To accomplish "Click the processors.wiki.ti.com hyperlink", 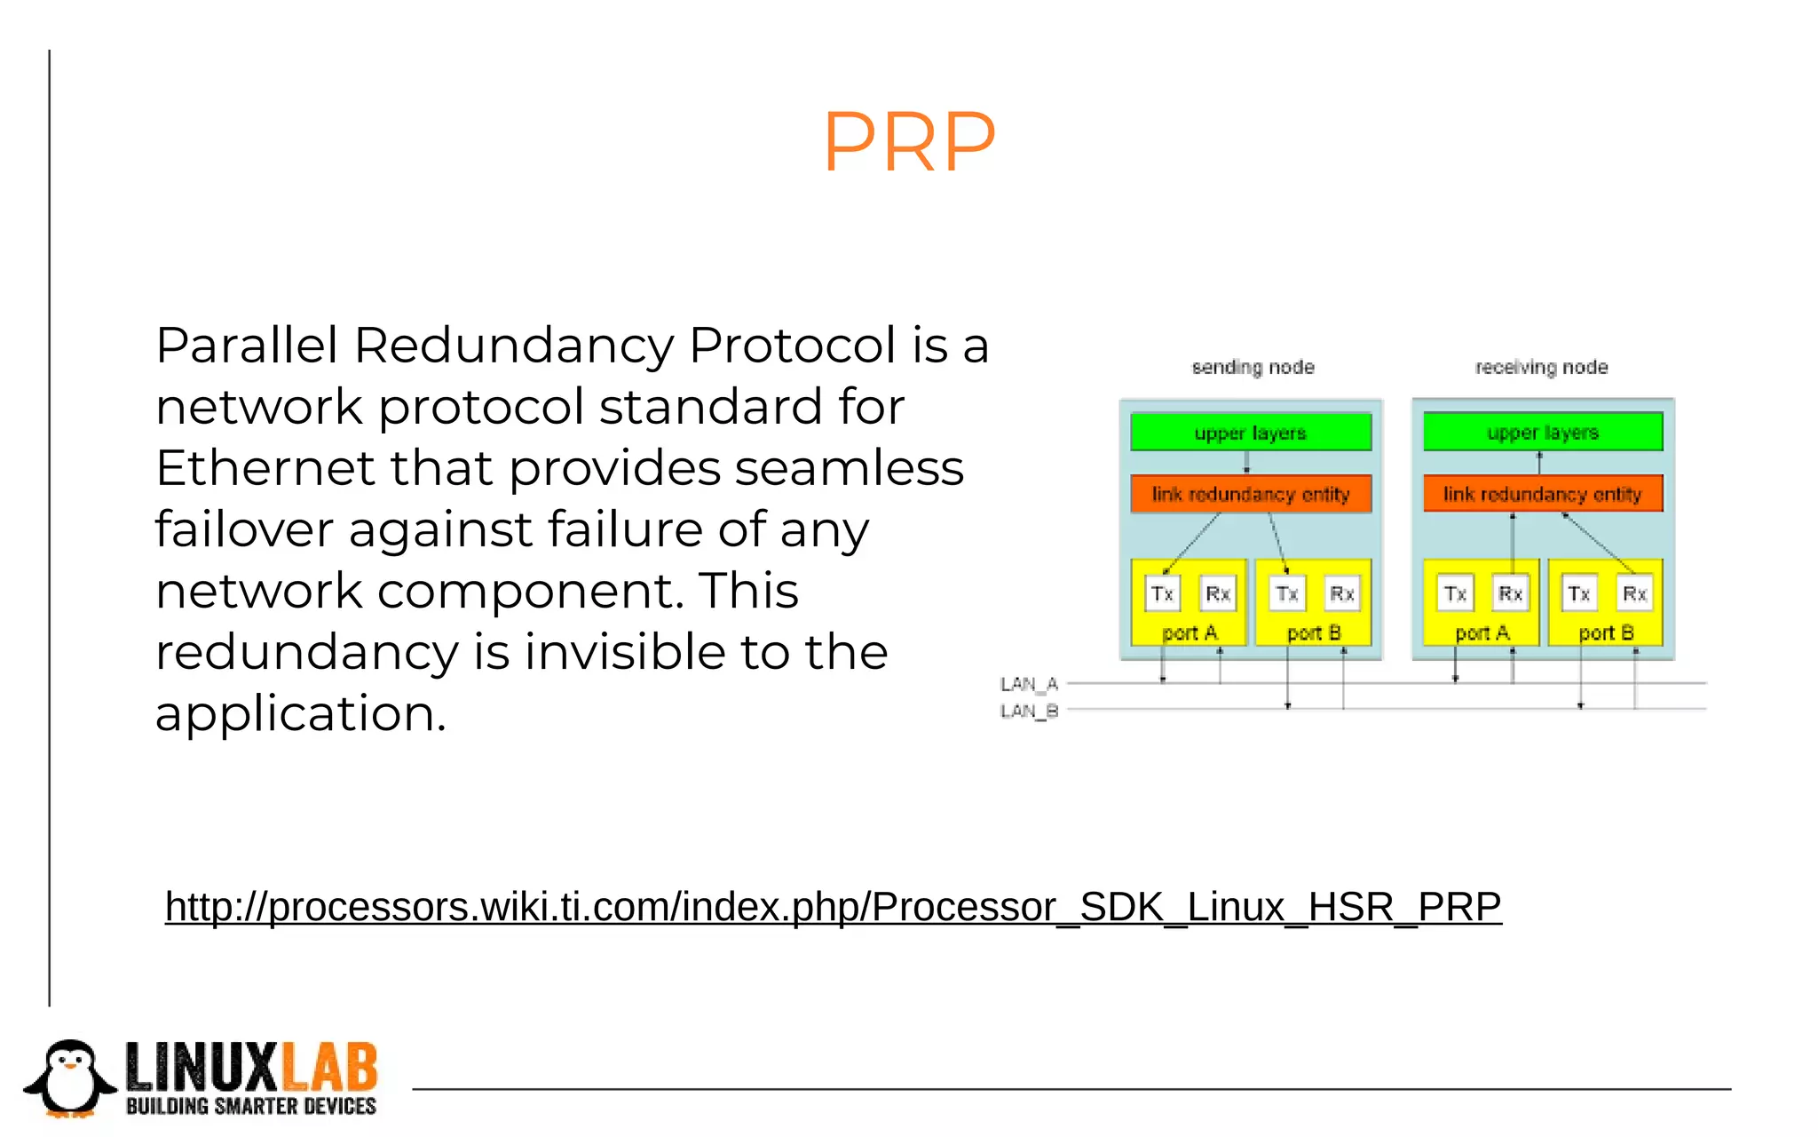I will (x=833, y=907).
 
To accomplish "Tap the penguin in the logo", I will (x=70, y=1078).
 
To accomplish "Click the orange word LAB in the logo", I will (x=329, y=1067).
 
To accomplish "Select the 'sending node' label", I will (x=1253, y=367).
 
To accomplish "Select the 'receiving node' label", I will (x=1541, y=367).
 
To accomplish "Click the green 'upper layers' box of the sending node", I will (x=1250, y=433).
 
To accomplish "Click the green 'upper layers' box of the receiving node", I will (x=1543, y=432).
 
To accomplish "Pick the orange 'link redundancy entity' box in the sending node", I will (x=1250, y=494).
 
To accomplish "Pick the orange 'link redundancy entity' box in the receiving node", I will (x=1543, y=494).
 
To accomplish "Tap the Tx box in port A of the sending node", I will (x=1162, y=593).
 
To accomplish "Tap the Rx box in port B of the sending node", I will (x=1341, y=593).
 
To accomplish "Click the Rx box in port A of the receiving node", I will (x=1510, y=593).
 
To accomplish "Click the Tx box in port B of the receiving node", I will (x=1578, y=593).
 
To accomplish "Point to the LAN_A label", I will (x=1029, y=684).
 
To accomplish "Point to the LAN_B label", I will (x=1029, y=711).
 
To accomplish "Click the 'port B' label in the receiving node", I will (x=1606, y=632).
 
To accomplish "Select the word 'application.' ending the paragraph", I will (x=300, y=714).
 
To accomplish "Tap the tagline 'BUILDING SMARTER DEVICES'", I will (x=251, y=1106).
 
